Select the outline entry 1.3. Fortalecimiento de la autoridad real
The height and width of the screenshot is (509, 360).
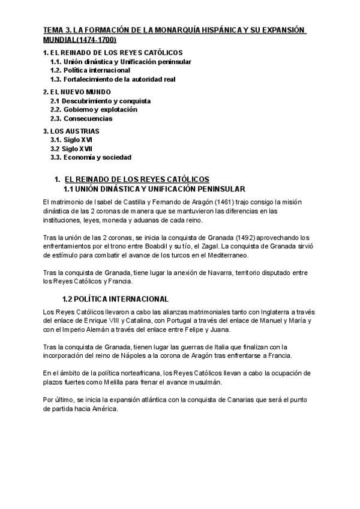[113, 79]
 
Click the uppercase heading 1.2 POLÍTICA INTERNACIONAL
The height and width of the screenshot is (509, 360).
[116, 298]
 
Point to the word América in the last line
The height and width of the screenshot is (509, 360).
[105, 410]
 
